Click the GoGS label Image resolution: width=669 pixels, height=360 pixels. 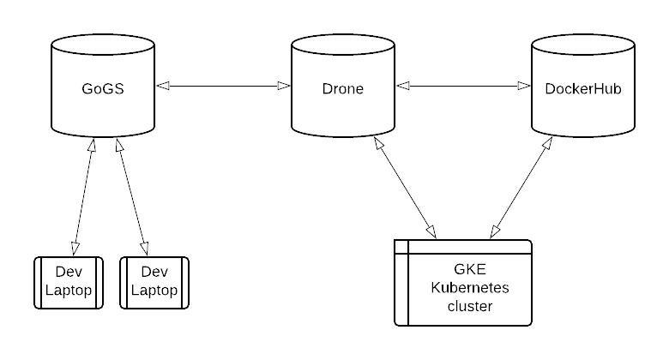click(103, 88)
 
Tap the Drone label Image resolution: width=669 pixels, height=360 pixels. click(342, 88)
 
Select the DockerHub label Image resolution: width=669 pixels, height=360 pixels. click(583, 88)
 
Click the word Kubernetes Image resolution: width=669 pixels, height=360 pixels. click(469, 287)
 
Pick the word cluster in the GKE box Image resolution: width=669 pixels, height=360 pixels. click(469, 305)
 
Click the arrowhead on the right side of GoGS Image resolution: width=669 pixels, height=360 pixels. click(163, 86)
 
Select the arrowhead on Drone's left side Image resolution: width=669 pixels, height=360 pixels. click(285, 86)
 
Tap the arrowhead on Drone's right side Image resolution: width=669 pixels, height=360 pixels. click(403, 86)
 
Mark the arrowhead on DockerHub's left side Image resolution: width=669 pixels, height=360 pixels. click(525, 86)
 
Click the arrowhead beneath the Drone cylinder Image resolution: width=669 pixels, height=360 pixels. click(379, 146)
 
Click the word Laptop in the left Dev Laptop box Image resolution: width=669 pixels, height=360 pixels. click(69, 291)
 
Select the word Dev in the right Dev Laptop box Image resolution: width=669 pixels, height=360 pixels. click(154, 273)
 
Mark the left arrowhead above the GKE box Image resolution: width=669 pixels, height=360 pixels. click(431, 231)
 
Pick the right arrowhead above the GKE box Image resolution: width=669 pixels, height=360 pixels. click(494, 231)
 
